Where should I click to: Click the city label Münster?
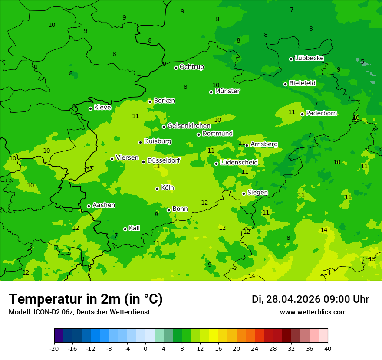pos(227,91)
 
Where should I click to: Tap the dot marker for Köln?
pos(157,189)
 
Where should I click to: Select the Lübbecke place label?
pos(309,58)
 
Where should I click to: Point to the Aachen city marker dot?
pos(89,206)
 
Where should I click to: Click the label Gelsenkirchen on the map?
pos(189,126)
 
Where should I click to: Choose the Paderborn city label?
pos(321,113)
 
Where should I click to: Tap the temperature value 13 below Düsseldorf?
pos(157,166)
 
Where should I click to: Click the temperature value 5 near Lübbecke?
pos(362,62)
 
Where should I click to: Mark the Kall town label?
pos(134,228)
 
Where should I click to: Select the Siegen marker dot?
pos(244,193)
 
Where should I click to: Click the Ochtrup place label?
pos(191,67)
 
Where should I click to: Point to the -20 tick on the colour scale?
pos(54,348)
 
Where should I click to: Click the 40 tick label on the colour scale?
pos(327,348)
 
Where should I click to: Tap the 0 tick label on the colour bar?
pos(145,348)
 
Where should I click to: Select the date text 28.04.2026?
pos(294,299)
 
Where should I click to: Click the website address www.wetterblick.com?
pos(313,312)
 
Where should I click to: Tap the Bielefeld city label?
pos(302,83)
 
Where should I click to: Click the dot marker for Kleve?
pos(90,108)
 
